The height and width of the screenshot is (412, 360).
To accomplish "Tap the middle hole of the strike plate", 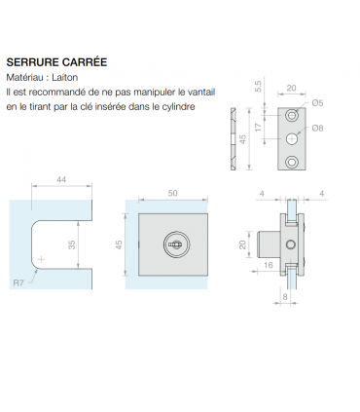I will [292, 137].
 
